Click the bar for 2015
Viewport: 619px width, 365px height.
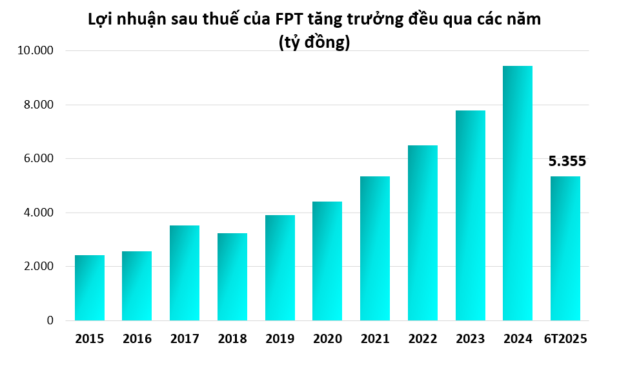click(x=90, y=288)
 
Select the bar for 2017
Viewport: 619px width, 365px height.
click(x=185, y=273)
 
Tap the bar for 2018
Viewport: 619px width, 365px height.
click(x=232, y=277)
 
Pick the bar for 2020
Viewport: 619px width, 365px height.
click(x=328, y=261)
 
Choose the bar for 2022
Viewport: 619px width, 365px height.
click(x=423, y=233)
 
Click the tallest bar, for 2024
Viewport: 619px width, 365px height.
click(x=518, y=193)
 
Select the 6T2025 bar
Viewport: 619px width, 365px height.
click(x=565, y=249)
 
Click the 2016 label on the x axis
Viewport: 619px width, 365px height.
click(x=137, y=339)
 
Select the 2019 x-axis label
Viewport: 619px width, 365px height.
click(x=280, y=339)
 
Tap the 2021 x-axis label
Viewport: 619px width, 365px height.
click(x=375, y=339)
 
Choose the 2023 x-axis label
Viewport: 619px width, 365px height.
click(x=471, y=339)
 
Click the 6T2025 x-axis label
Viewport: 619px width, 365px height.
click(x=566, y=339)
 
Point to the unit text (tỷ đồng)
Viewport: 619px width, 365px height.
click(x=314, y=43)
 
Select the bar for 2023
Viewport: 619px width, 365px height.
click(x=471, y=216)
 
